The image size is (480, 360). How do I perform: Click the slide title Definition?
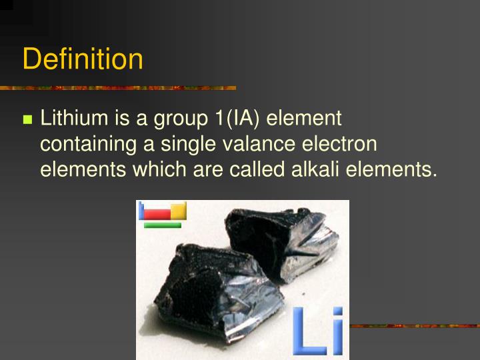83,59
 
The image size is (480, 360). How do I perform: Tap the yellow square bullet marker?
27,120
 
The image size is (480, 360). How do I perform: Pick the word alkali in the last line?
313,169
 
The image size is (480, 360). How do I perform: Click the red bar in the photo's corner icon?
157,215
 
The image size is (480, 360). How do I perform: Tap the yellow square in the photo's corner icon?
179,211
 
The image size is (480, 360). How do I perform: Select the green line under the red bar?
163,225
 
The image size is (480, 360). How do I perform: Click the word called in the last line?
259,169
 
